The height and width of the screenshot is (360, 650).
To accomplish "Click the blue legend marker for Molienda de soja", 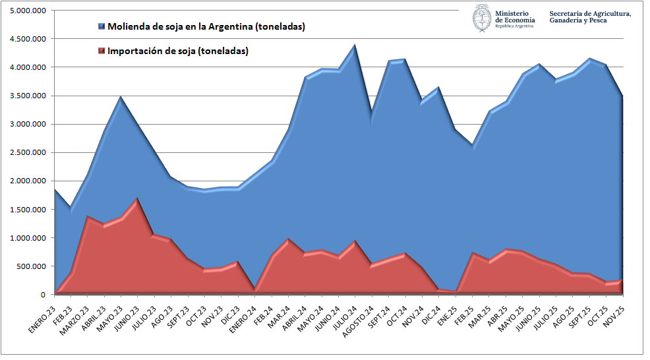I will click(101, 26).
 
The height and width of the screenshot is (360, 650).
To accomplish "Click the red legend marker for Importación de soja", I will click(101, 51).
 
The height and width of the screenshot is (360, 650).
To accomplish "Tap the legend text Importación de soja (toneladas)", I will click(178, 51).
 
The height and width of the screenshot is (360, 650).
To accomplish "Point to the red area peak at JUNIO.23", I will click(136, 198).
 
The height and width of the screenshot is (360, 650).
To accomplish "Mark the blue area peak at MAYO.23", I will click(119, 98).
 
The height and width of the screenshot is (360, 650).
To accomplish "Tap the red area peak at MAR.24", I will click(289, 239).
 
